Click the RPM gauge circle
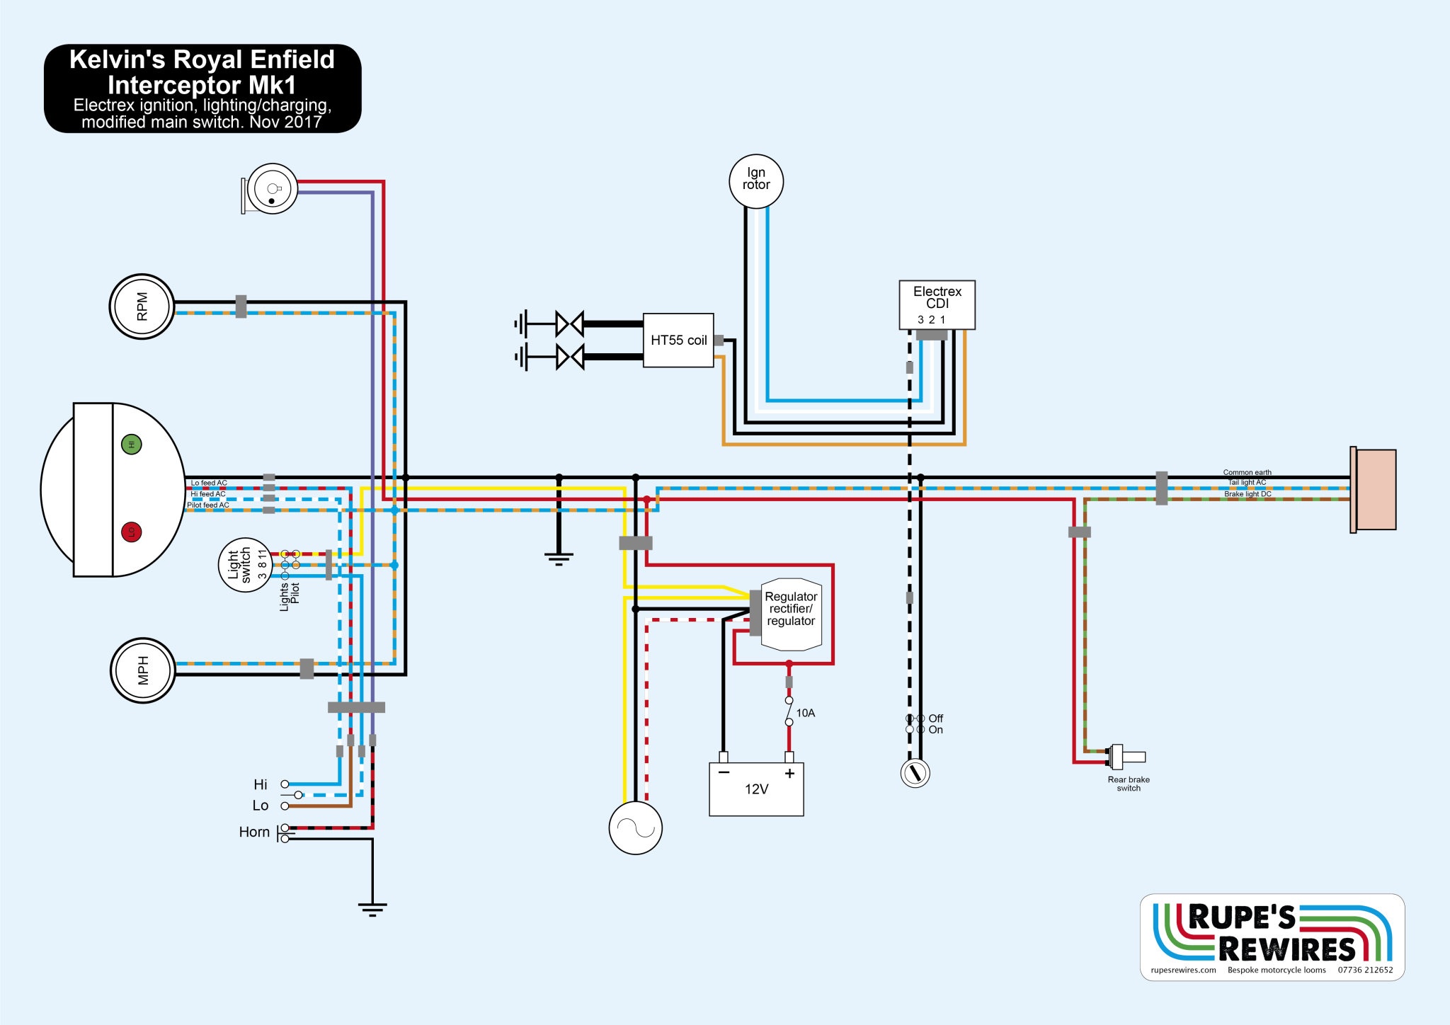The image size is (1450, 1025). [x=142, y=307]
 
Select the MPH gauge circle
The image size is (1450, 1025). [x=142, y=670]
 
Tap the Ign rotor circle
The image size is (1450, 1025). [x=756, y=181]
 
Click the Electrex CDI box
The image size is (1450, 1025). [x=937, y=304]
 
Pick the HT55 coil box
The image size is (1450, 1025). [x=678, y=340]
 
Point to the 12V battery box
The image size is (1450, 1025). [x=756, y=789]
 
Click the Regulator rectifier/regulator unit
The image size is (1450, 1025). [x=791, y=614]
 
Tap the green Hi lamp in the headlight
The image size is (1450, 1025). [x=132, y=445]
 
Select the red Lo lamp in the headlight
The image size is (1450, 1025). [x=132, y=532]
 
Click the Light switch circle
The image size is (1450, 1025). [x=244, y=565]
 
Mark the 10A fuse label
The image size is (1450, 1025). [x=806, y=713]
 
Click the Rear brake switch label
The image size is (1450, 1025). [x=1129, y=784]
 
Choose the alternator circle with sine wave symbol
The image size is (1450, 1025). [x=636, y=828]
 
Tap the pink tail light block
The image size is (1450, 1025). [x=1376, y=489]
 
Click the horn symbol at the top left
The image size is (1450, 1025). [x=271, y=189]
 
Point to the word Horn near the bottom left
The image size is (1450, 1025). [x=254, y=832]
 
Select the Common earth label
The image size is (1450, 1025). [x=1247, y=472]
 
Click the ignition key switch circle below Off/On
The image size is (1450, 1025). [x=915, y=772]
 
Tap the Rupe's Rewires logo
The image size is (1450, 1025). [x=1272, y=937]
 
